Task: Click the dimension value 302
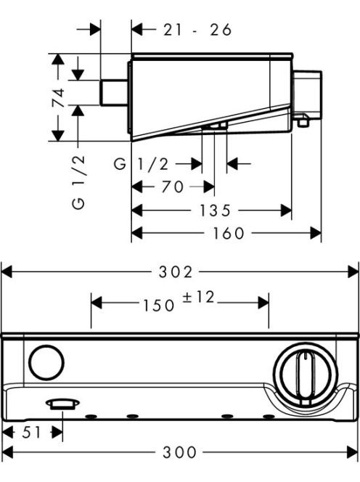[x=176, y=272]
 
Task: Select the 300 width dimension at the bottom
[x=179, y=452]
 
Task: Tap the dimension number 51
[x=32, y=433]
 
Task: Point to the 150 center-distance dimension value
[x=159, y=306]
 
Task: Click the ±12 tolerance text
[x=198, y=297]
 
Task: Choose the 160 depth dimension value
[x=229, y=233]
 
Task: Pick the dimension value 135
[x=215, y=211]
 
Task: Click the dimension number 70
[x=173, y=187]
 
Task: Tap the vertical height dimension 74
[x=58, y=98]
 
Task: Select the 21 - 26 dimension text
[x=197, y=30]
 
